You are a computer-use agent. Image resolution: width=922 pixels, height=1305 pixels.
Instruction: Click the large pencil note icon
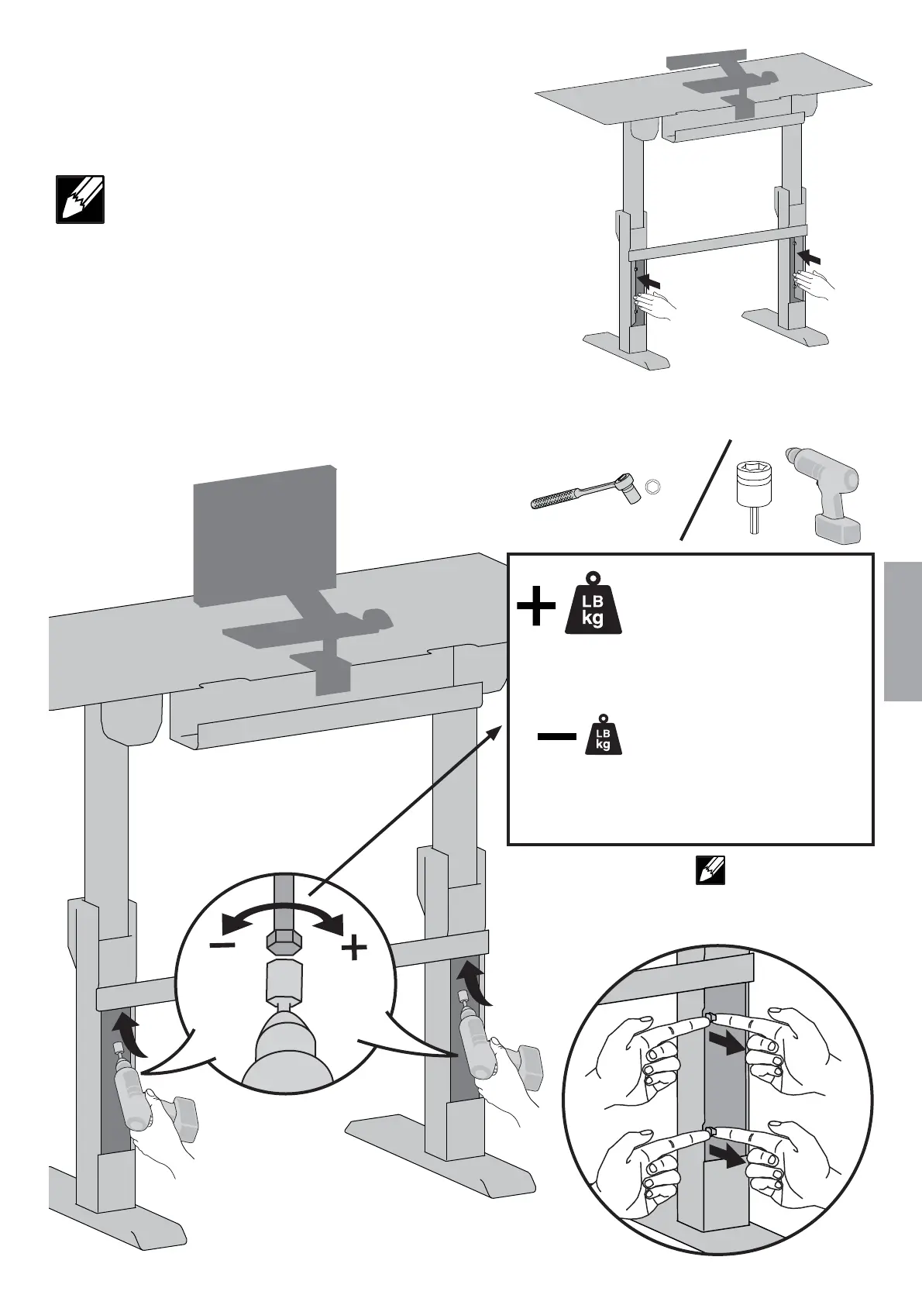[x=80, y=200]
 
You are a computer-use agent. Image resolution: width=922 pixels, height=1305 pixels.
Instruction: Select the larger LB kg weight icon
[x=593, y=604]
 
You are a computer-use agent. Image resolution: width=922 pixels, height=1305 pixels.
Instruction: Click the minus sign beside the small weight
[x=557, y=737]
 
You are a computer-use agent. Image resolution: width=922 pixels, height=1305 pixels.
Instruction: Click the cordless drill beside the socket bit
[x=826, y=495]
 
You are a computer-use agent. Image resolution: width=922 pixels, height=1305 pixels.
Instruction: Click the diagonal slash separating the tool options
[x=707, y=490]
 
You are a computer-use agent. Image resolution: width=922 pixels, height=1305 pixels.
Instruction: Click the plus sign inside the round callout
[x=354, y=947]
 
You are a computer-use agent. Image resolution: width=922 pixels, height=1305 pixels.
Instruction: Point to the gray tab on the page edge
[x=903, y=632]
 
